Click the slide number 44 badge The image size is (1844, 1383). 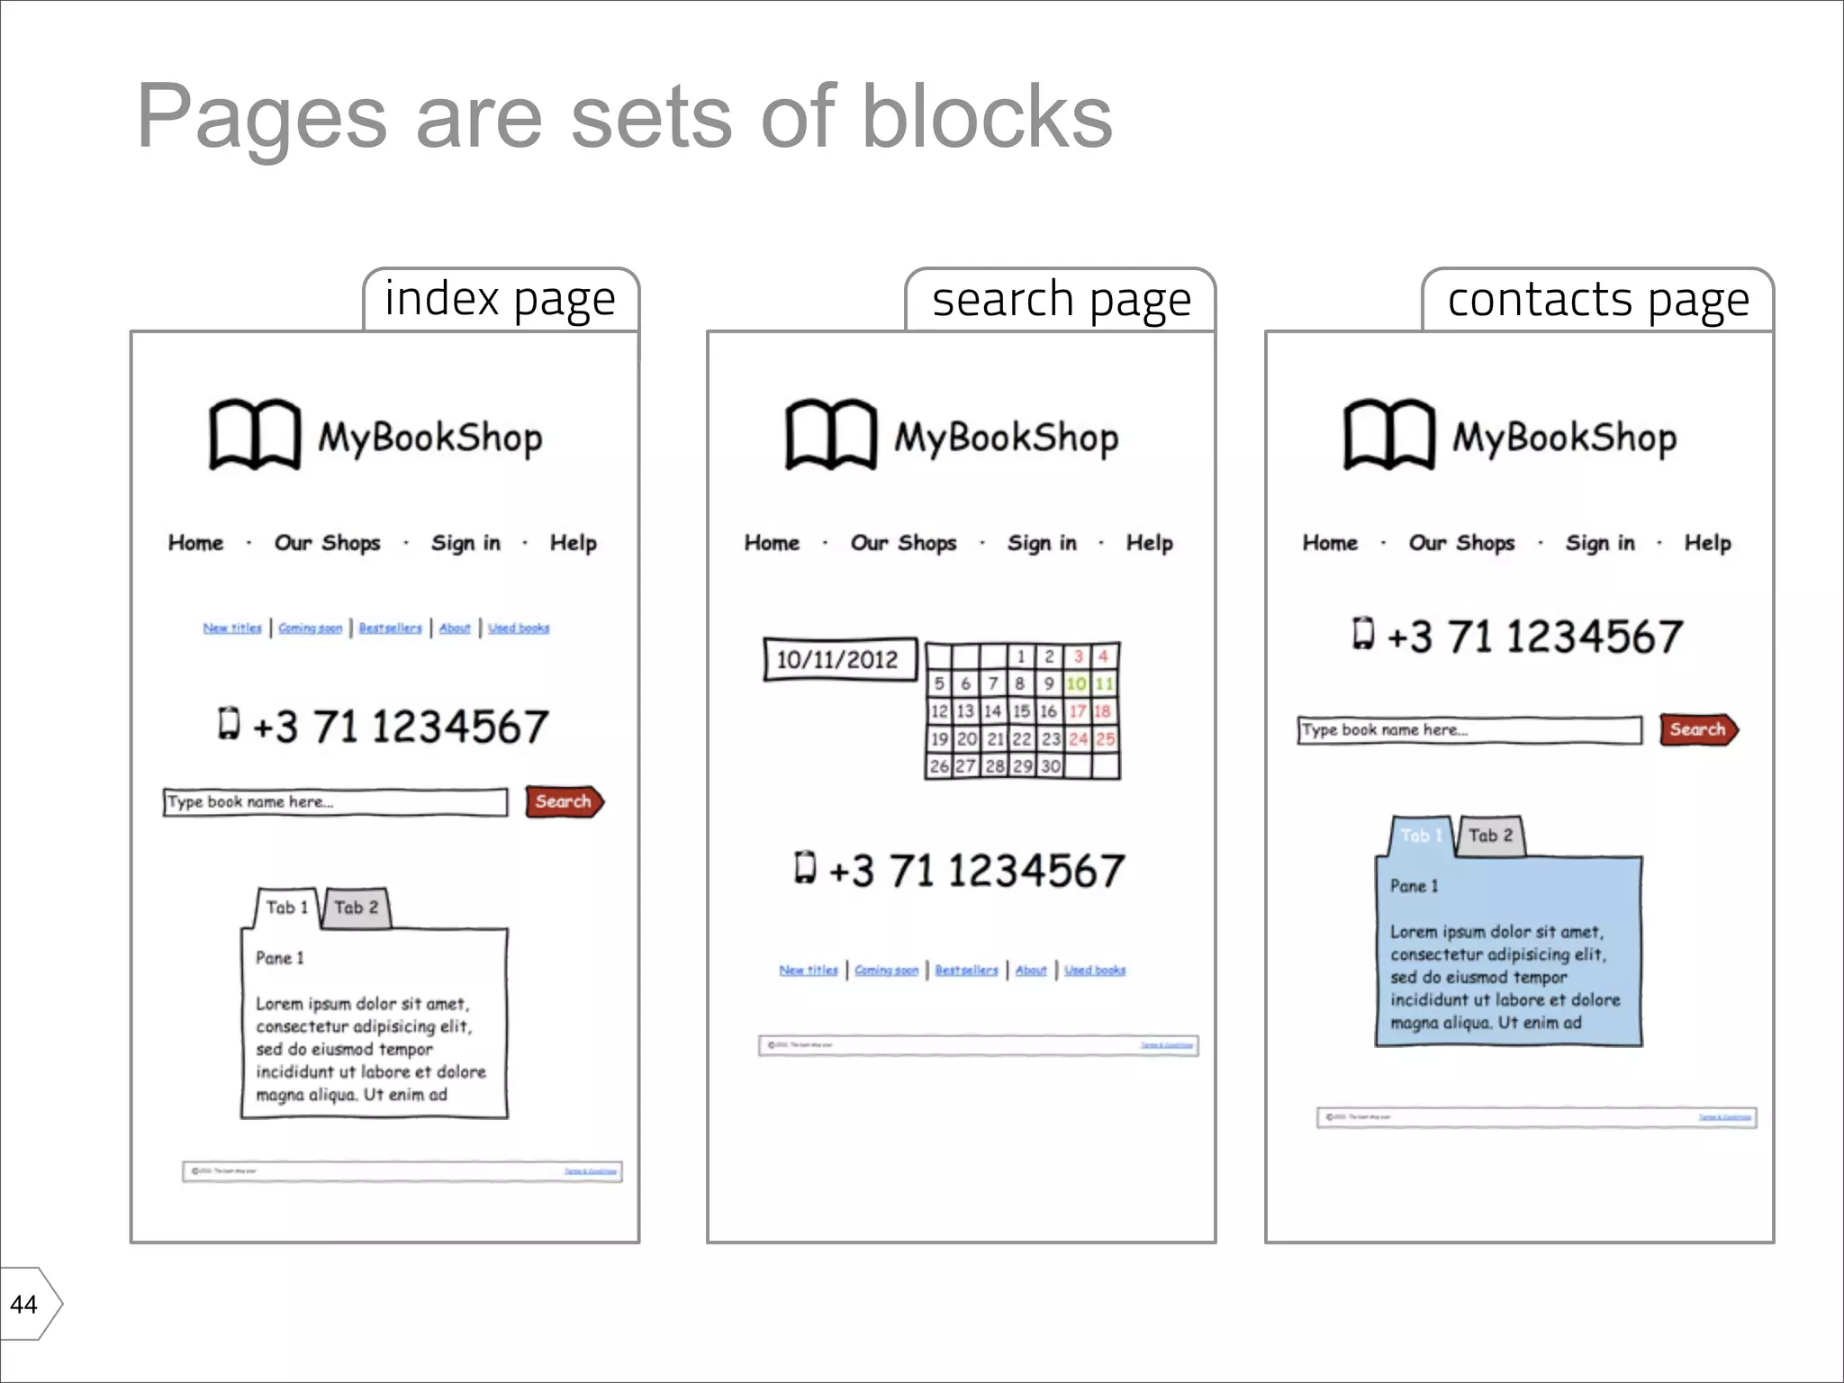click(25, 1304)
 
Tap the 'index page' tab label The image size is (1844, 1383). click(500, 300)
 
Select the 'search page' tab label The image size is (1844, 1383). click(1061, 300)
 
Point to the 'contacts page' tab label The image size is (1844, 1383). click(1598, 300)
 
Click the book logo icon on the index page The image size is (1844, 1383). click(255, 434)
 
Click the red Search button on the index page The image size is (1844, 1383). click(564, 801)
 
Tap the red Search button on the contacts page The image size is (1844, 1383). click(1698, 729)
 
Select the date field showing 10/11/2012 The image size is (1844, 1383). click(838, 660)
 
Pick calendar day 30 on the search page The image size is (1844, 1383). click(1050, 766)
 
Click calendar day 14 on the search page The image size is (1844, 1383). click(992, 711)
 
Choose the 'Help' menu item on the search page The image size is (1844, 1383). click(1149, 543)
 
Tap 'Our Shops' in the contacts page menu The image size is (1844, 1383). click(1461, 543)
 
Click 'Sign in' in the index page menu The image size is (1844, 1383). click(465, 543)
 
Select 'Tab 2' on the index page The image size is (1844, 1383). click(356, 908)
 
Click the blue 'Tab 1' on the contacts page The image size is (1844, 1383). click(1421, 836)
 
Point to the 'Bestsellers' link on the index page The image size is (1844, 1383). click(390, 628)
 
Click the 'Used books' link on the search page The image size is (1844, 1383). click(1095, 970)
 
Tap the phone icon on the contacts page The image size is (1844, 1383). click(1364, 633)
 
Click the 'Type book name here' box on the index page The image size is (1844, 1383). click(335, 802)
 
